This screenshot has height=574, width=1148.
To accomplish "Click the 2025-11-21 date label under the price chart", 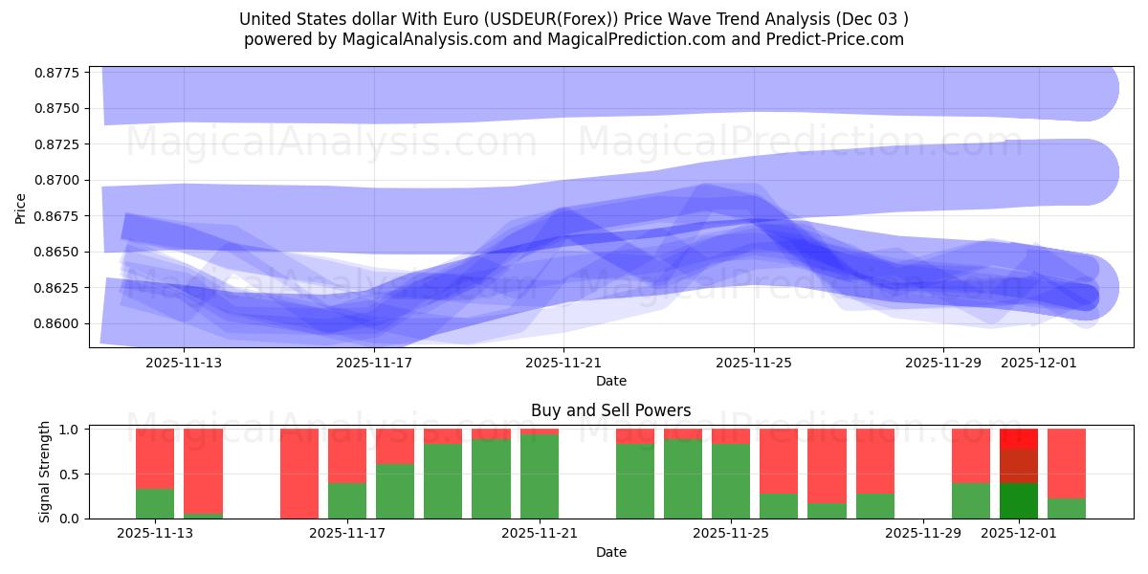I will pos(563,363).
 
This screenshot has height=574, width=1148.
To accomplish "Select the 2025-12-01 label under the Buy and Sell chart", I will pos(1018,534).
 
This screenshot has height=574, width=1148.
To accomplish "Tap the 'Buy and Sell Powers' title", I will pos(610,410).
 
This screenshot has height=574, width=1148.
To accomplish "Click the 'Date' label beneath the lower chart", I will pos(610,552).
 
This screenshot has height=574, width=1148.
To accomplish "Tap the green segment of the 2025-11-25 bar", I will pos(731,480).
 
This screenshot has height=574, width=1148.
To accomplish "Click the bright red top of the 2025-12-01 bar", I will pos(1019,438).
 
